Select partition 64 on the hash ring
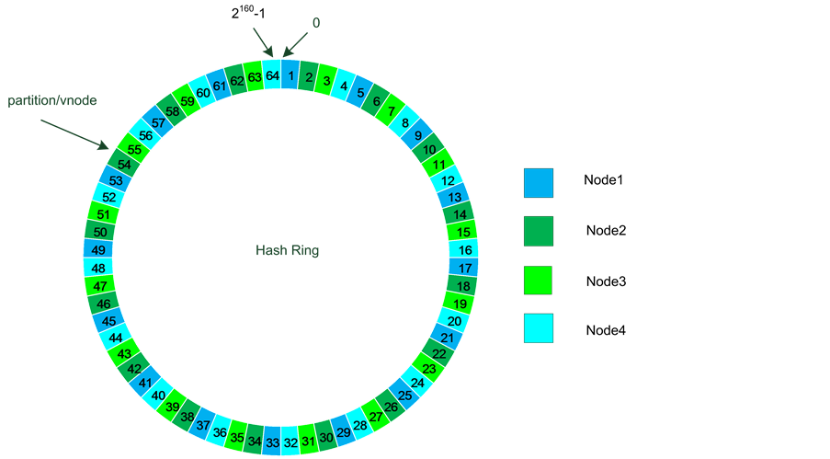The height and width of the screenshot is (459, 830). [272, 75]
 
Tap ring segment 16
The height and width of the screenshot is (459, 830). [465, 250]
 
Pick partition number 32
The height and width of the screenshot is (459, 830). [290, 442]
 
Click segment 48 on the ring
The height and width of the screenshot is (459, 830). [98, 269]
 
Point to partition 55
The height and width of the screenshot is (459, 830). [135, 149]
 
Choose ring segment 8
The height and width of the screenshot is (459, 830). [405, 122]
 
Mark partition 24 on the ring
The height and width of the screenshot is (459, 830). [417, 383]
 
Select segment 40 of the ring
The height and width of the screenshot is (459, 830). [158, 396]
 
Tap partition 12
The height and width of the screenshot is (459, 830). [449, 181]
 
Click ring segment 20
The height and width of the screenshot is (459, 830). [454, 321]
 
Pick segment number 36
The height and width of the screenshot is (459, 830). [220, 431]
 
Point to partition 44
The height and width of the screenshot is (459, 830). [117, 338]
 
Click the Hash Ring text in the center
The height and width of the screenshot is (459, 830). [287, 251]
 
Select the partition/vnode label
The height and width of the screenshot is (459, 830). [52, 99]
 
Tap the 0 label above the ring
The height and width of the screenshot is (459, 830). [316, 22]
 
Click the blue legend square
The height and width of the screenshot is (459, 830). [538, 182]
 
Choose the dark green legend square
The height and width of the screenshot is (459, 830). [538, 231]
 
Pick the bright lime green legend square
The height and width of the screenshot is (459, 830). [538, 280]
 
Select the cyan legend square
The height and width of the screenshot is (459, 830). [538, 328]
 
